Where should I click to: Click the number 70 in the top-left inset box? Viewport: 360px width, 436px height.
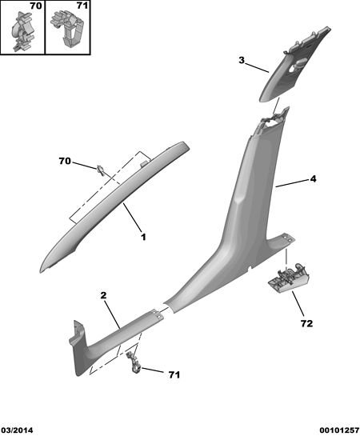click(35, 6)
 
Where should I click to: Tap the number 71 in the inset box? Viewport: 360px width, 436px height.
click(82, 6)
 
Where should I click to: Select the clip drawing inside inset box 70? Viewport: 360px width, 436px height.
click(22, 31)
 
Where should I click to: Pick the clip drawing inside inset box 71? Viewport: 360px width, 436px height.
click(67, 28)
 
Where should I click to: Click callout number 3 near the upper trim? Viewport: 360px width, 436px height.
click(242, 60)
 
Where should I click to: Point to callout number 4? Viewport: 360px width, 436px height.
click(313, 178)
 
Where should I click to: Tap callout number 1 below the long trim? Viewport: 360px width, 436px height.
click(143, 237)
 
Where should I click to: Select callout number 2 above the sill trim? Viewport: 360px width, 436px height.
click(103, 295)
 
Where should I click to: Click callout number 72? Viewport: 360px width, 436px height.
click(306, 323)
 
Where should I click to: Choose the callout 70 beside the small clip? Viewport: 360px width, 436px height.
click(65, 161)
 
